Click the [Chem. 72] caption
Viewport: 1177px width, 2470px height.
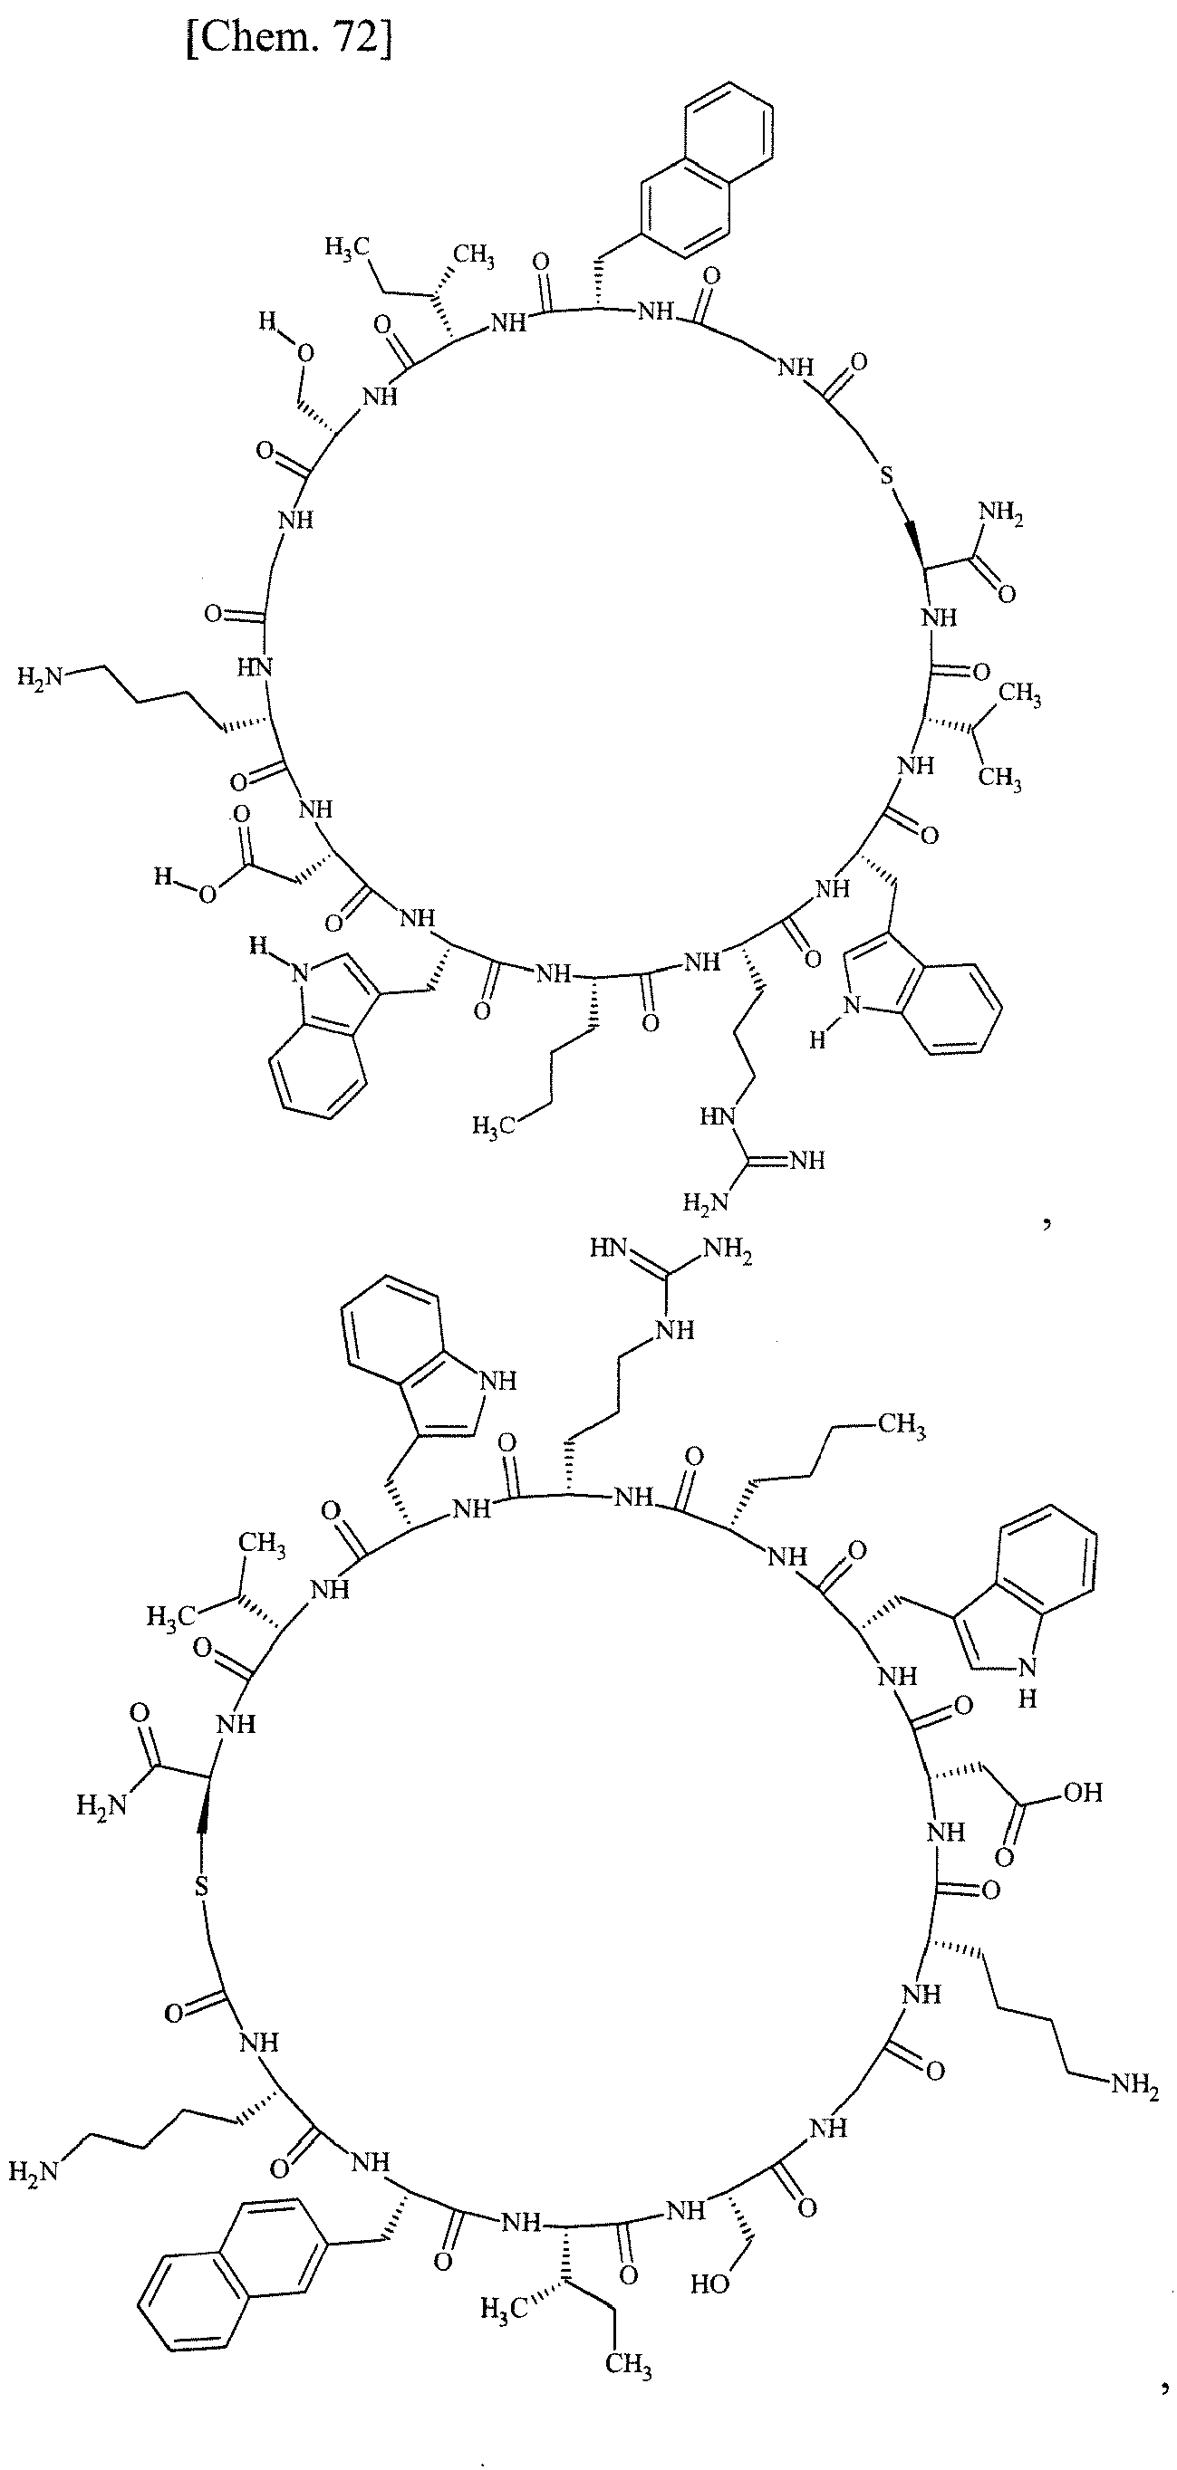coord(289,42)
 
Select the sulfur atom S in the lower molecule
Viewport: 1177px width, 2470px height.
coord(200,1886)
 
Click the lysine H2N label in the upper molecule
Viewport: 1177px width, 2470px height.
coord(40,678)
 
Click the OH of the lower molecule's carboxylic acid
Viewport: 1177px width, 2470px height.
coord(1083,1791)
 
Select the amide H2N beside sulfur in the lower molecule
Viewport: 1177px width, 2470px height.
coord(100,1805)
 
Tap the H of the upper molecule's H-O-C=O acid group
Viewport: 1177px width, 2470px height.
coord(161,876)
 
